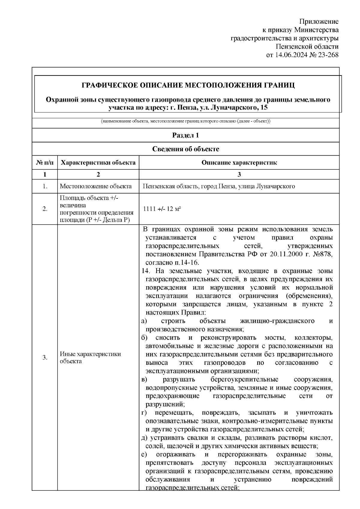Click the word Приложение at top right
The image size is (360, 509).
pyautogui.click(x=319, y=22)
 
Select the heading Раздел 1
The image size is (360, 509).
pyautogui.click(x=185, y=135)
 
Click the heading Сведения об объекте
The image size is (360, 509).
pyautogui.click(x=185, y=149)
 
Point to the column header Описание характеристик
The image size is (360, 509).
pyautogui.click(x=239, y=163)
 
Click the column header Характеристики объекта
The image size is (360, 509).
pyautogui.click(x=98, y=163)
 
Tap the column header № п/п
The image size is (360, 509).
pyautogui.click(x=45, y=163)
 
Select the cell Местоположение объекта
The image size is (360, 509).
pyautogui.click(x=96, y=186)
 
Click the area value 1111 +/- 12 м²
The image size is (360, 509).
pyautogui.click(x=161, y=209)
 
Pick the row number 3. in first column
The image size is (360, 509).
pyautogui.click(x=45, y=357)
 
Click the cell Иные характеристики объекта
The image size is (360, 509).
pyautogui.click(x=90, y=357)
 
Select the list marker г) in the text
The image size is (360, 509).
pyautogui.click(x=144, y=413)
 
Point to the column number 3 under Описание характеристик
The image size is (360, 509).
pyautogui.click(x=239, y=174)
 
